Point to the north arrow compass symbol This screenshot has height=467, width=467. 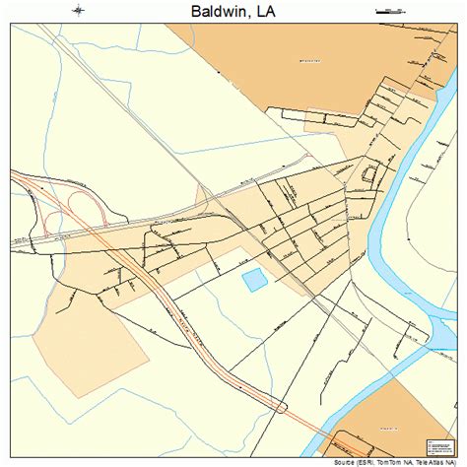[x=79, y=11]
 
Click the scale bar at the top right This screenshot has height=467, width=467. [x=389, y=11]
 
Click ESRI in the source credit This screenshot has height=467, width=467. [x=367, y=461]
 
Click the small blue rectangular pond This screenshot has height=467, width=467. [x=255, y=281]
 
